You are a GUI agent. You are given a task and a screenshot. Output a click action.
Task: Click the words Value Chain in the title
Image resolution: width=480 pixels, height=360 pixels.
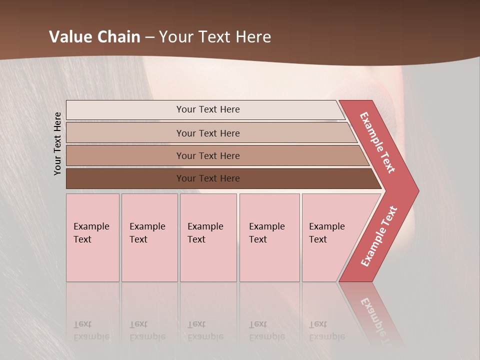94,37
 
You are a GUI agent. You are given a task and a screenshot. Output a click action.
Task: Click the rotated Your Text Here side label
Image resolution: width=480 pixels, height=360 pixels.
58,143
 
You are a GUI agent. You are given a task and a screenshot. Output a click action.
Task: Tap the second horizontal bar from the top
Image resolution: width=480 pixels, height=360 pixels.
125,133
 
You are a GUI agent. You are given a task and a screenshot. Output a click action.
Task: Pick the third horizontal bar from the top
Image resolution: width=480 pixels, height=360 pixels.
125,155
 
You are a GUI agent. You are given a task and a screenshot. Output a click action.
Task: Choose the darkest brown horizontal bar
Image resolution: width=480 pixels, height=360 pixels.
125,178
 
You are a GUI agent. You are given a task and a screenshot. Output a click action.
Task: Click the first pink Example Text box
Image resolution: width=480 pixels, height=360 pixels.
92,237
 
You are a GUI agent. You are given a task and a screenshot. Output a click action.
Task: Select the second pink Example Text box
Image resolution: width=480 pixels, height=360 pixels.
149,237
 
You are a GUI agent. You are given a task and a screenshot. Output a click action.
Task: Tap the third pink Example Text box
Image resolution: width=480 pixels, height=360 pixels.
208,237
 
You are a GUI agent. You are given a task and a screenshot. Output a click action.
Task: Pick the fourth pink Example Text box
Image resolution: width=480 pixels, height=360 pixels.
269,237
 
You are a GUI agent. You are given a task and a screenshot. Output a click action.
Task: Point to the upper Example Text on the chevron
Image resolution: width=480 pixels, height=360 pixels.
378,142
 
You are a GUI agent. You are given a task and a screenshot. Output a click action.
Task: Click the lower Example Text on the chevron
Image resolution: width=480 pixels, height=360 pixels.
379,236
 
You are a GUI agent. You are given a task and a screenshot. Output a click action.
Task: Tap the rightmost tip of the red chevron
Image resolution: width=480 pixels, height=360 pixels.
417,190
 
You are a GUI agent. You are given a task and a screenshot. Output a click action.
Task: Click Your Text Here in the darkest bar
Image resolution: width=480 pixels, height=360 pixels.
208,178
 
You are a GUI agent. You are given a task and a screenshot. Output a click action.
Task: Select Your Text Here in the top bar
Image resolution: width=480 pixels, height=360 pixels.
208,109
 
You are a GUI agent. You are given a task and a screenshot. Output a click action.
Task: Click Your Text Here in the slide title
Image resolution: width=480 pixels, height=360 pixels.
215,37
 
